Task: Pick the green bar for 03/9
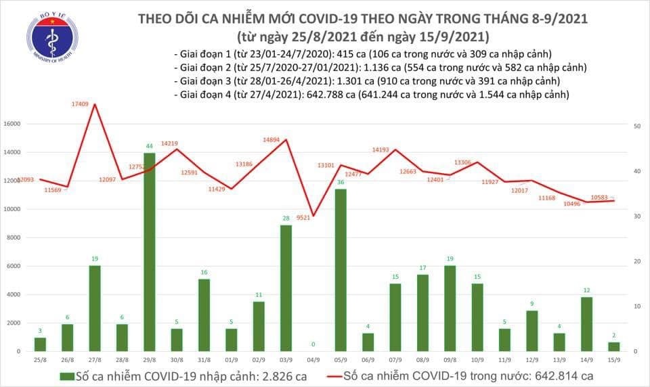click(286, 288)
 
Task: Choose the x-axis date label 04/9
click(313, 360)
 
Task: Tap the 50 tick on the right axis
click(637, 127)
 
